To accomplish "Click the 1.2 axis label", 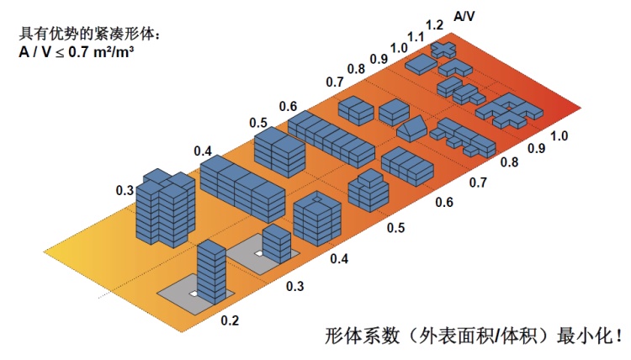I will [434, 25].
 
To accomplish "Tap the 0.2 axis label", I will [229, 320].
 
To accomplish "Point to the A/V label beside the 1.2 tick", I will [463, 15].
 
